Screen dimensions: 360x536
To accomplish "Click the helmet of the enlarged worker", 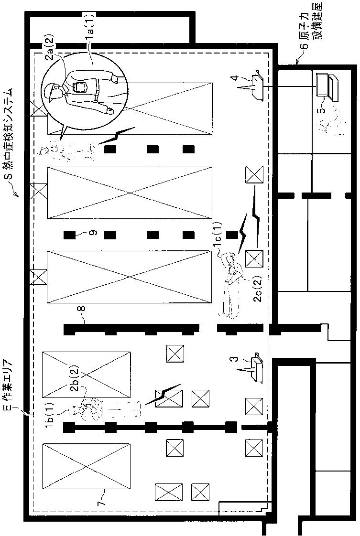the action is pyautogui.click(x=51, y=92).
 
